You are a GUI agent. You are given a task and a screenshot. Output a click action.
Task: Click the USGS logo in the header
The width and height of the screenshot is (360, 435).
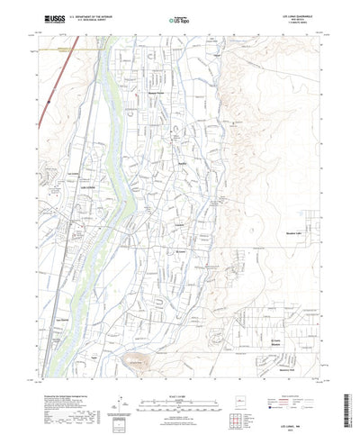click(x=42, y=17)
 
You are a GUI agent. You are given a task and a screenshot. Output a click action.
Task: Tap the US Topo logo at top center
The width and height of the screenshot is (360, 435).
click(x=178, y=18)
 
